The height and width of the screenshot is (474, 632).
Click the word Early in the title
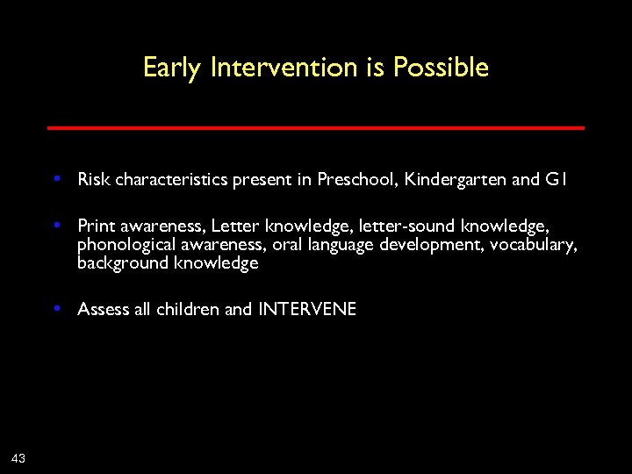click(x=173, y=68)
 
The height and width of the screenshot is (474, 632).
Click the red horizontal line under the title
click(x=315, y=128)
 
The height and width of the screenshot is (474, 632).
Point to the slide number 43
click(x=18, y=456)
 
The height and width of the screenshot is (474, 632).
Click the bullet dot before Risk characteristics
click(x=56, y=179)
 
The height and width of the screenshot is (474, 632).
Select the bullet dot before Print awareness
click(x=56, y=225)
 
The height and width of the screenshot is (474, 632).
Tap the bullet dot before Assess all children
click(x=56, y=308)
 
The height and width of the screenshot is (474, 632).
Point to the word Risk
click(x=94, y=180)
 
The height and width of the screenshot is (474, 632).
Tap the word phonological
click(x=124, y=245)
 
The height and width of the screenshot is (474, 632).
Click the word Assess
click(x=104, y=309)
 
